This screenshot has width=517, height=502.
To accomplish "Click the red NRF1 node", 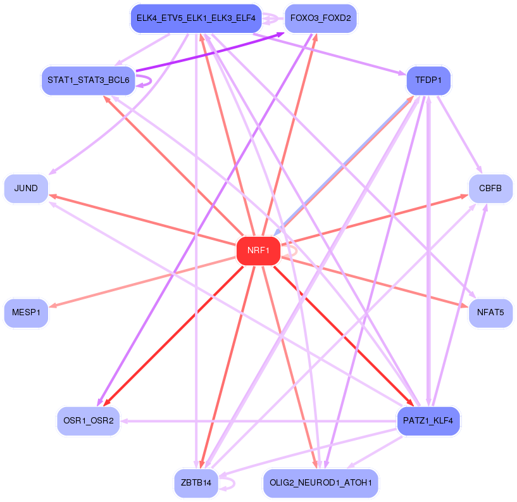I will click(258, 251).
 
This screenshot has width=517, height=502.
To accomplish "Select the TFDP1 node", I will click(428, 81).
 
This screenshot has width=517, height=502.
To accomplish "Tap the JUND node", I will click(26, 189).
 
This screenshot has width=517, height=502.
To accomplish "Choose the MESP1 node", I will click(26, 313).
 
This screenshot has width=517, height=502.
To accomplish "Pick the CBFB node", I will click(490, 189).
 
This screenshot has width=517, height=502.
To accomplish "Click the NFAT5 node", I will click(490, 313).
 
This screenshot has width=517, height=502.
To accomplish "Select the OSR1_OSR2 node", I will click(89, 420).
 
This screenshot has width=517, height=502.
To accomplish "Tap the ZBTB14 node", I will click(196, 484).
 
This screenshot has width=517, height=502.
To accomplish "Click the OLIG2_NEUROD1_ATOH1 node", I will click(320, 484).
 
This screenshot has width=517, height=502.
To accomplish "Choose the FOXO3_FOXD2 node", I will click(320, 19).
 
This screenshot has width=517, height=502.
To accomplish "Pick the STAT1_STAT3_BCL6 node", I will click(89, 81).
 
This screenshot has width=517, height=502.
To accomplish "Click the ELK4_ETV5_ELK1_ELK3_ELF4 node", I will click(196, 19).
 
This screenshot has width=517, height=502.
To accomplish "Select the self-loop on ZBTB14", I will click(232, 484).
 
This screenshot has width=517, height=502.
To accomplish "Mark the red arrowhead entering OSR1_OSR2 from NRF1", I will click(106, 403).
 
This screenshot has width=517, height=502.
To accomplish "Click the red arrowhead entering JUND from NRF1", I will click(52, 196).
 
